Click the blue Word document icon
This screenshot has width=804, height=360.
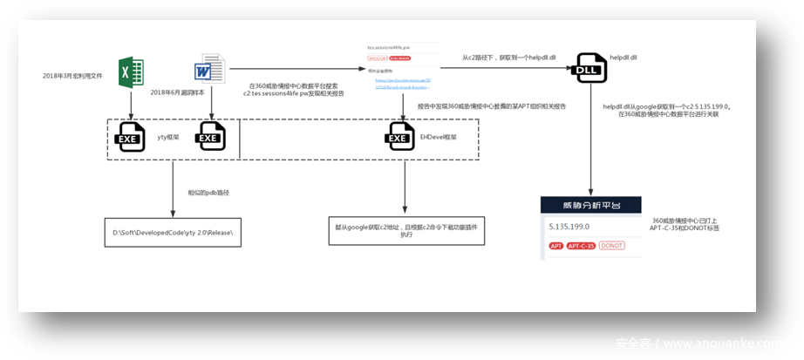(x=210, y=71)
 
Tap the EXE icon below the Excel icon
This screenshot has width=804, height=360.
(x=131, y=137)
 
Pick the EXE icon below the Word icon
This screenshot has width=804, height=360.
(x=210, y=137)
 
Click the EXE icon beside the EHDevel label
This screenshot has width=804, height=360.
(x=401, y=137)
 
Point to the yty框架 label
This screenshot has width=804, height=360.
(x=167, y=137)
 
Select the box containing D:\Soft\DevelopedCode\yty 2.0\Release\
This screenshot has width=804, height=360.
(x=173, y=233)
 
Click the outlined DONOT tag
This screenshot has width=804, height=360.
(x=611, y=246)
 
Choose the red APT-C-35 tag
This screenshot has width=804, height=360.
(x=581, y=246)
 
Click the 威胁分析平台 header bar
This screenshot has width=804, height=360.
(x=591, y=206)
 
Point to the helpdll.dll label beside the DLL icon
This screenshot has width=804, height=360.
(x=624, y=57)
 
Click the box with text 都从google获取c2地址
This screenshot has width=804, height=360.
(x=405, y=230)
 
